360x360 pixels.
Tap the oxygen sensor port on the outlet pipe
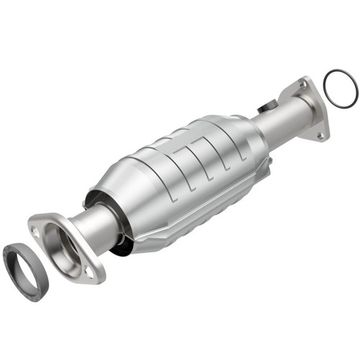269,105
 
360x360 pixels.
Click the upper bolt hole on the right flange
302,85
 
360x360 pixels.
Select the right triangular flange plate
311,108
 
